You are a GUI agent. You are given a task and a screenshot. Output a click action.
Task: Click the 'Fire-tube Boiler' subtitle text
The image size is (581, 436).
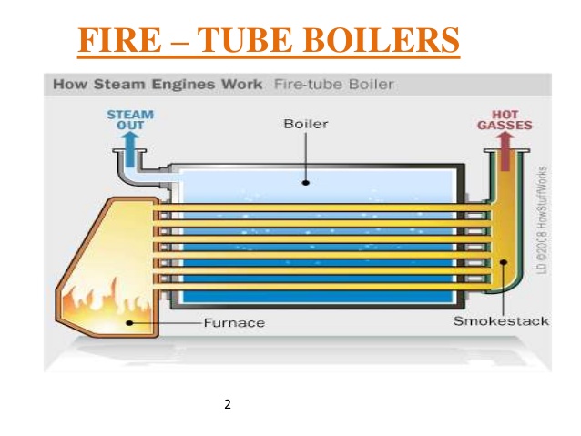pyautogui.click(x=334, y=85)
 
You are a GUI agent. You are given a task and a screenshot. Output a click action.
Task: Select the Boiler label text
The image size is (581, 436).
pyautogui.click(x=306, y=124)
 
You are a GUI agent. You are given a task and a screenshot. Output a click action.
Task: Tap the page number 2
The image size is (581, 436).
pyautogui.click(x=228, y=403)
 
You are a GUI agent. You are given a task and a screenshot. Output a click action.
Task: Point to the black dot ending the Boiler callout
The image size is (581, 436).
pyautogui.click(x=306, y=182)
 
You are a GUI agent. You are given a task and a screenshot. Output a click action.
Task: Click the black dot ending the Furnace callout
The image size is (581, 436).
pyautogui.click(x=129, y=322)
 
